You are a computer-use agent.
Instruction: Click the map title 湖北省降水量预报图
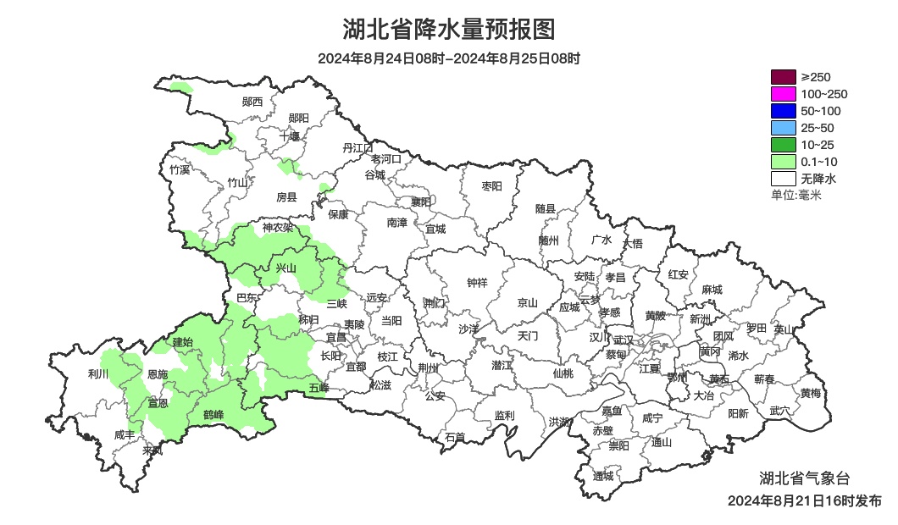pyautogui.click(x=449, y=30)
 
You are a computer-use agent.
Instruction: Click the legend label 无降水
pyautogui.click(x=818, y=179)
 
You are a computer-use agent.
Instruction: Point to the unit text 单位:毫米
pyautogui.click(x=796, y=195)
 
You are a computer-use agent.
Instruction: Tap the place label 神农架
pyautogui.click(x=277, y=227)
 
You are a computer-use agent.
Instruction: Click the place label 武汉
pyautogui.click(x=624, y=338)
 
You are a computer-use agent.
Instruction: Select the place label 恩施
pyautogui.click(x=158, y=373)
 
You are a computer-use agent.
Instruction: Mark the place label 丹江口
pyautogui.click(x=358, y=147)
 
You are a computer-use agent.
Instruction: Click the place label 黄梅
pyautogui.click(x=811, y=393)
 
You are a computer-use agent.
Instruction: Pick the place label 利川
pyautogui.click(x=98, y=373)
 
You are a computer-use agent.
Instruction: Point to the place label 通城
pyautogui.click(x=603, y=476)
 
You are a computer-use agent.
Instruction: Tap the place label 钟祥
pyautogui.click(x=478, y=283)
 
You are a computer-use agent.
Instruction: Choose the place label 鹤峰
pyautogui.click(x=213, y=414)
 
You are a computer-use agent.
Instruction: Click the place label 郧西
pyautogui.click(x=252, y=102)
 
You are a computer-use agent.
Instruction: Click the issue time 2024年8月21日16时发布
pyautogui.click(x=804, y=500)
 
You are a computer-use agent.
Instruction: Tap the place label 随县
pyautogui.click(x=546, y=209)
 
